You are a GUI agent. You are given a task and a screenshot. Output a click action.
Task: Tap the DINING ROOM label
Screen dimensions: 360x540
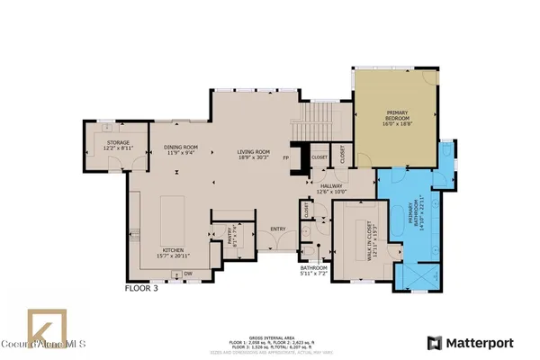point(179,149)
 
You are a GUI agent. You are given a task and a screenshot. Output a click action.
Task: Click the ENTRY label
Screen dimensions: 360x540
point(278,229)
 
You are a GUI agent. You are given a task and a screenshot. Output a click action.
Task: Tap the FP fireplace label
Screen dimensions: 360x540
point(285,158)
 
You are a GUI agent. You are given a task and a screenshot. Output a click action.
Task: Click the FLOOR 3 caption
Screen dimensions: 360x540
point(145,291)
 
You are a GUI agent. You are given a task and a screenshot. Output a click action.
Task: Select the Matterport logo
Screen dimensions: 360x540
point(472,343)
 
